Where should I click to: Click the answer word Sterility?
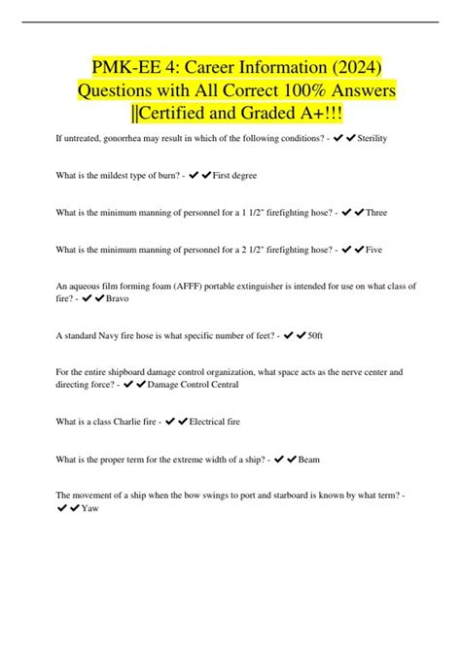[x=372, y=140]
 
